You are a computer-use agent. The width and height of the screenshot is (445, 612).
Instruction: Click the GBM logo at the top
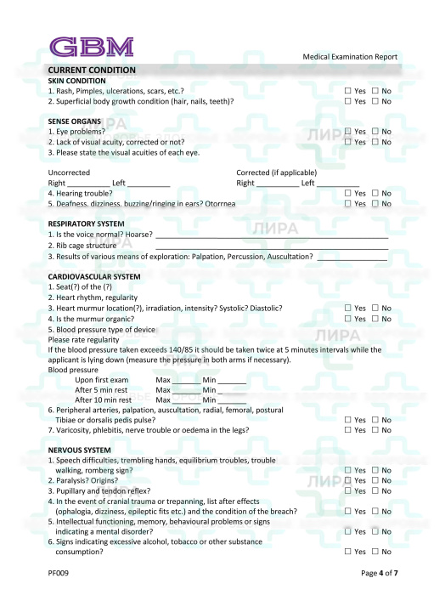coord(91,46)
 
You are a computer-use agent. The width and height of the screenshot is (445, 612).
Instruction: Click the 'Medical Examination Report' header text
coord(350,57)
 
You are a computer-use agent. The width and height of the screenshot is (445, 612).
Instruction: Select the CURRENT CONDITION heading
coord(92,70)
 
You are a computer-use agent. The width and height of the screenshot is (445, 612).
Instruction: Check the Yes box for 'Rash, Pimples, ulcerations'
coord(347,90)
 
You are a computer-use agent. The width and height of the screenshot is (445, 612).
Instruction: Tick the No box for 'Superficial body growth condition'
coord(375,101)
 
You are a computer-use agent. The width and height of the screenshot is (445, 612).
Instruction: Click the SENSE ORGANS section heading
coord(75,122)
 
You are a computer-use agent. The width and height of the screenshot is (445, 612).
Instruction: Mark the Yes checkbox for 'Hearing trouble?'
coord(347,194)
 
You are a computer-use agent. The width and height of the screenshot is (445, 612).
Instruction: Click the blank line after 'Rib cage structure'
coord(272,246)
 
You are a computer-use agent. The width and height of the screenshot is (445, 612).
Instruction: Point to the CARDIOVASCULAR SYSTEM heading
coord(94,276)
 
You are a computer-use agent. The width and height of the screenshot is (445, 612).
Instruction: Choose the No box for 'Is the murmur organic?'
coord(375,319)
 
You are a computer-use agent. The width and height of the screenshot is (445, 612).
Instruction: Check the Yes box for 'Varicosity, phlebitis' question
coord(347,430)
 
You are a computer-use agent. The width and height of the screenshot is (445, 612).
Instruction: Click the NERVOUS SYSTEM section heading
coord(79,450)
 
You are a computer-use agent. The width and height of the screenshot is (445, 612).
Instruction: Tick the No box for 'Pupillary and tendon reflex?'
coord(375,490)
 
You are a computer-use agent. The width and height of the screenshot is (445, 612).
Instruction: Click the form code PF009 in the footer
coord(59,573)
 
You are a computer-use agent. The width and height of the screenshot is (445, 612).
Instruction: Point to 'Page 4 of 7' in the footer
coord(379,573)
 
